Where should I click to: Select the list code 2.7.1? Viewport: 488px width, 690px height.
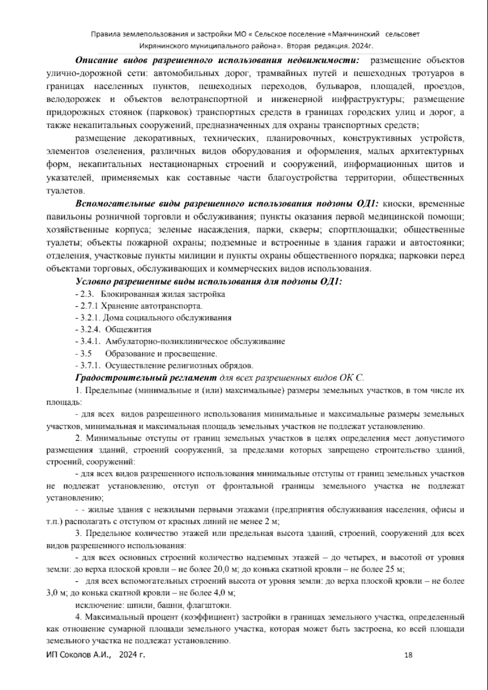89,306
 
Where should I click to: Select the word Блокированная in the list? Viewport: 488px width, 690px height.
124,294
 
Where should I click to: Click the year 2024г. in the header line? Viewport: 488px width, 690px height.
362,46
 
